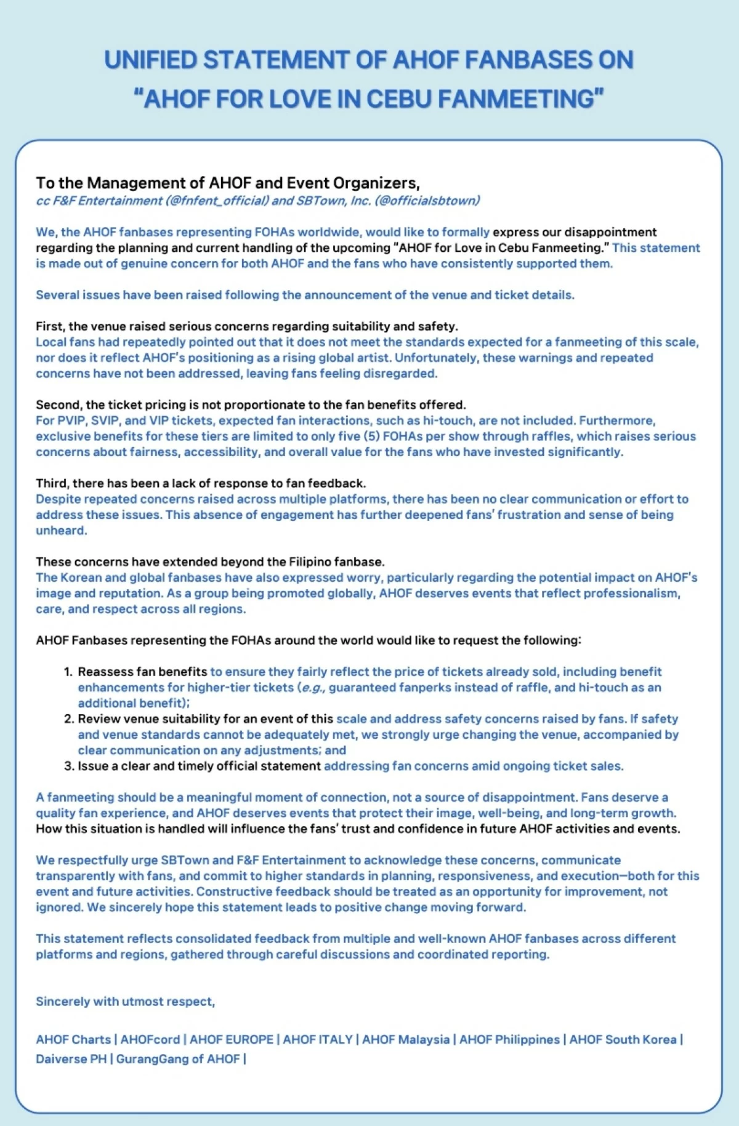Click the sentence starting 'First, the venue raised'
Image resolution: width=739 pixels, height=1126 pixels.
pos(246,326)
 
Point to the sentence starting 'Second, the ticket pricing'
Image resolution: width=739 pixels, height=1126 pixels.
pos(251,405)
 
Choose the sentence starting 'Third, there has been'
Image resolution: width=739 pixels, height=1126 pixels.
pos(201,483)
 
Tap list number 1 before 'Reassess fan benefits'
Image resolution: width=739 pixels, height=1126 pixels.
pos(68,672)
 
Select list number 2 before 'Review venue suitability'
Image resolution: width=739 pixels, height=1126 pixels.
pos(68,719)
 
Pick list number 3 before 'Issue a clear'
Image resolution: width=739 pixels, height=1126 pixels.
pos(68,766)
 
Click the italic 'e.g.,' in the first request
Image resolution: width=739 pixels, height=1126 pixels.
pos(312,688)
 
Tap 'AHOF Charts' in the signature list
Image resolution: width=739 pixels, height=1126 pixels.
pos(73,1040)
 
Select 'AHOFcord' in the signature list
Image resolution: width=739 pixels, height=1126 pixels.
pos(150,1040)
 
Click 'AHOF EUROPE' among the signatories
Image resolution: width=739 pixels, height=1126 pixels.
pos(232,1040)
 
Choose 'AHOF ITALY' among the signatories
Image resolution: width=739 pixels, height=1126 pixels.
pos(318,1040)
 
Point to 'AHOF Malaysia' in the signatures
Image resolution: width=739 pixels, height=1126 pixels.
pos(406,1040)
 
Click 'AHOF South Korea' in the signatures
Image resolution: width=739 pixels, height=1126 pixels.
pos(623,1040)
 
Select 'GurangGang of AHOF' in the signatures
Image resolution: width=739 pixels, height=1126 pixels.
pos(178,1060)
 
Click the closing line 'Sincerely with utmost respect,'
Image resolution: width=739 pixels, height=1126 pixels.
pos(126,1002)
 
